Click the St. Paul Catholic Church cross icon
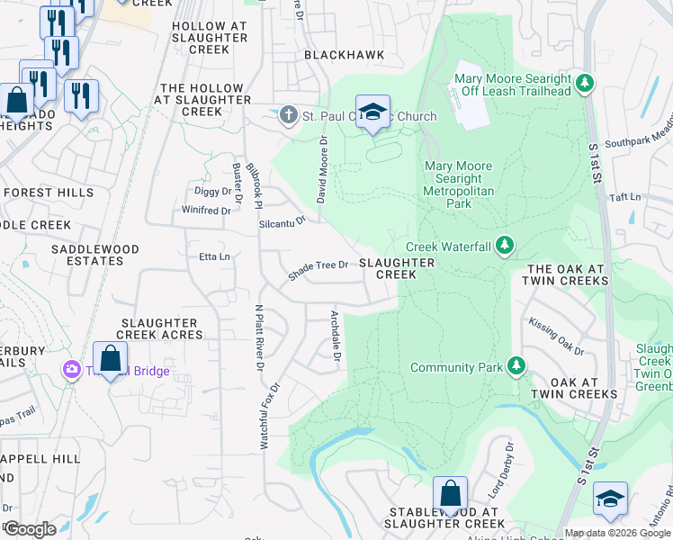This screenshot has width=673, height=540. [x=288, y=115]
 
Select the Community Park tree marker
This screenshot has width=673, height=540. [x=516, y=366]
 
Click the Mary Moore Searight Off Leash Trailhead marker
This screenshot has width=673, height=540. [x=586, y=85]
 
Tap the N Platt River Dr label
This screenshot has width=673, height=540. [x=259, y=337]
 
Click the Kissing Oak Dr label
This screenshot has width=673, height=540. [x=556, y=336]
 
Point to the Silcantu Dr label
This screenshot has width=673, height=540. [x=283, y=219]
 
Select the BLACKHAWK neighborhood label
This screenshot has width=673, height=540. [x=344, y=55]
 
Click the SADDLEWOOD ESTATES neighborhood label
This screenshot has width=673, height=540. [x=94, y=255]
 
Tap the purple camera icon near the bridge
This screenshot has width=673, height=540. [x=71, y=369]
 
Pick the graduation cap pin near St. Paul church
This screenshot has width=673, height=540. [x=372, y=112]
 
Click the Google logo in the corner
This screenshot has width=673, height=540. [x=30, y=529]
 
